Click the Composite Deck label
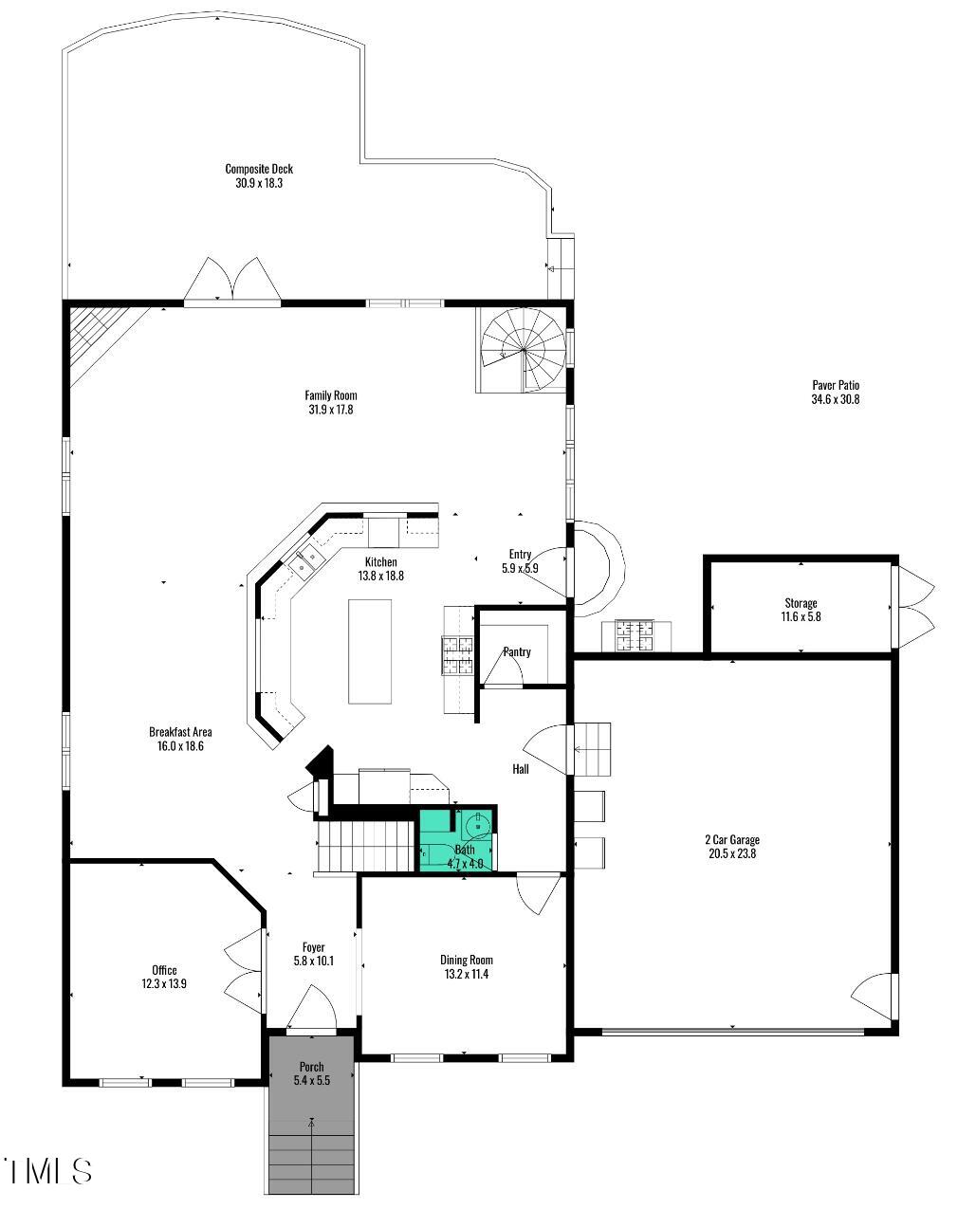pos(259,169)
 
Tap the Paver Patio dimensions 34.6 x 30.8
pos(835,400)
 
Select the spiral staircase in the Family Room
pos(523,350)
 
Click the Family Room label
pos(330,395)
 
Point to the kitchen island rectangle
pos(370,651)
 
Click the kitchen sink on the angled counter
pos(305,562)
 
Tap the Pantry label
pos(517,652)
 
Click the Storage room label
pos(801,603)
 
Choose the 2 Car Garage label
pos(732,839)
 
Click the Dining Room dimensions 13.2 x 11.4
pos(466,974)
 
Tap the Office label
pos(164,970)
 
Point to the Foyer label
pos(313,947)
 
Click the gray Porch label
pos(311,1067)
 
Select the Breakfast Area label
pos(180,732)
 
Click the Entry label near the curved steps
pos(520,555)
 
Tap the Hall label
pos(521,769)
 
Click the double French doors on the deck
pos(232,282)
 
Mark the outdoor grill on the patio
pos(635,635)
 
